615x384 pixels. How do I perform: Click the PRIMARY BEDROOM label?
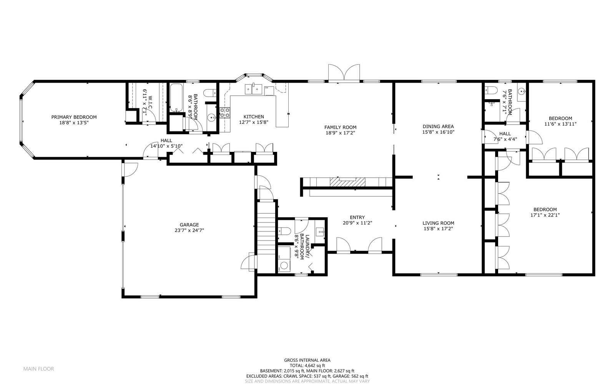point(74,117)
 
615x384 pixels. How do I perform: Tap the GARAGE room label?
point(189,225)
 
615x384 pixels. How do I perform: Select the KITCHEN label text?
point(254,116)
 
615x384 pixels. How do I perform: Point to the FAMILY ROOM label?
point(341,127)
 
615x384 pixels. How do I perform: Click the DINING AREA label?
point(438,126)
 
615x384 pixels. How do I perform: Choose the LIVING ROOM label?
point(438,223)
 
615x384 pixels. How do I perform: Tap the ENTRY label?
point(357,218)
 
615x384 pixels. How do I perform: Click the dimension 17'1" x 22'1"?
point(545,215)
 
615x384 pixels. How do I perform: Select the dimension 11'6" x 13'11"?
point(560,124)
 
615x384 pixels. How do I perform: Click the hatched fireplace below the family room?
point(347,182)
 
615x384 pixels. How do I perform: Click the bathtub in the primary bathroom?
point(176,98)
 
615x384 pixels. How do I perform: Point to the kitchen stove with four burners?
point(225,113)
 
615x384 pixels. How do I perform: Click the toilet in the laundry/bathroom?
point(284,231)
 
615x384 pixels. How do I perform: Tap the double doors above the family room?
point(344,73)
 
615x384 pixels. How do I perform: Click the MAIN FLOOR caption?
point(39,369)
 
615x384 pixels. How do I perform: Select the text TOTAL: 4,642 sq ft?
point(307,366)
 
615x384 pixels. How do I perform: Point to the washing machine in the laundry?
point(284,266)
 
